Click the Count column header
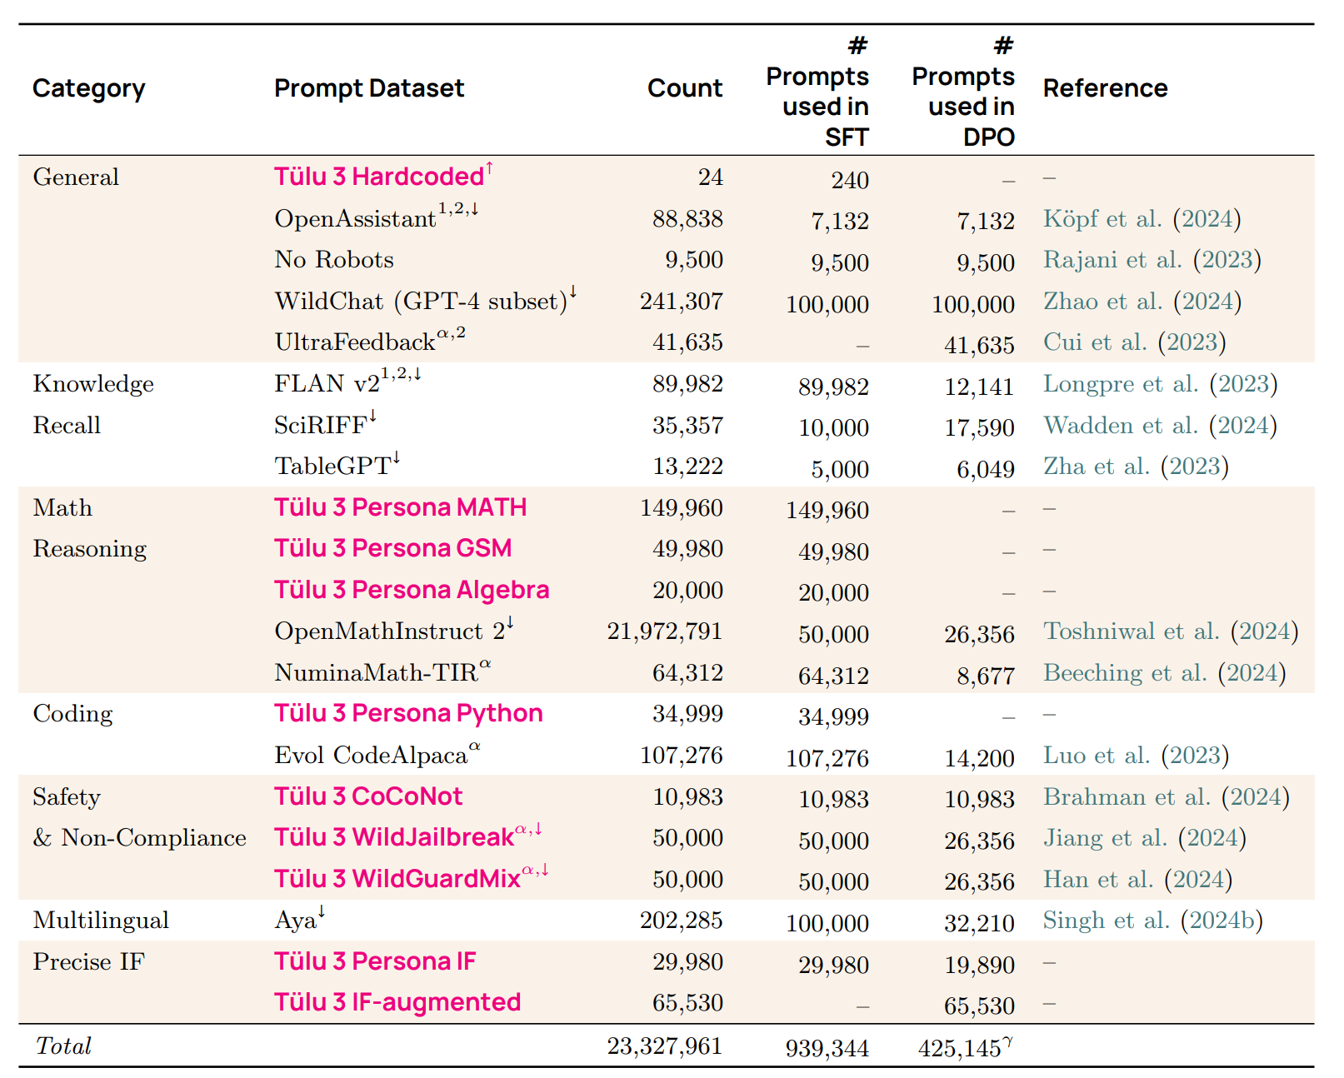click(684, 88)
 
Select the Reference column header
click(1105, 88)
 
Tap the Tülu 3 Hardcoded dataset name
click(379, 177)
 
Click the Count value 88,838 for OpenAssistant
click(687, 219)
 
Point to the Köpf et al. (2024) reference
click(1142, 219)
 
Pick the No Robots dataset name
click(334, 260)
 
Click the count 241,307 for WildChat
click(681, 302)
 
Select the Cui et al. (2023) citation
click(1134, 342)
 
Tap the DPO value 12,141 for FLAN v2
click(979, 387)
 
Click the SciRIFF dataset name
click(321, 426)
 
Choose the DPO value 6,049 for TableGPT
click(985, 469)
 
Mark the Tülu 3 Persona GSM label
click(392, 549)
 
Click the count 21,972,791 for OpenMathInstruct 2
click(664, 631)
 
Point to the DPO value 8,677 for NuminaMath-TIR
click(985, 676)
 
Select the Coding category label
click(72, 714)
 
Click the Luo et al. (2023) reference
click(1136, 756)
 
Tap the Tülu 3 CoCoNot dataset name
click(368, 796)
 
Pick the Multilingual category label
click(101, 921)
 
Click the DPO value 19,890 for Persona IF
click(979, 965)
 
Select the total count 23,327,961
click(664, 1046)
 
